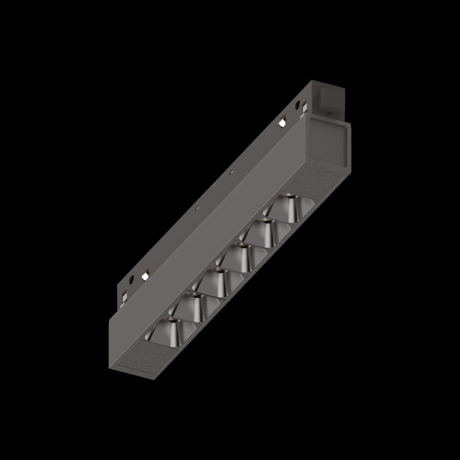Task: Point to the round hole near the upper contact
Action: click(297, 106)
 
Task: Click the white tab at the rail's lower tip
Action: click(124, 298)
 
